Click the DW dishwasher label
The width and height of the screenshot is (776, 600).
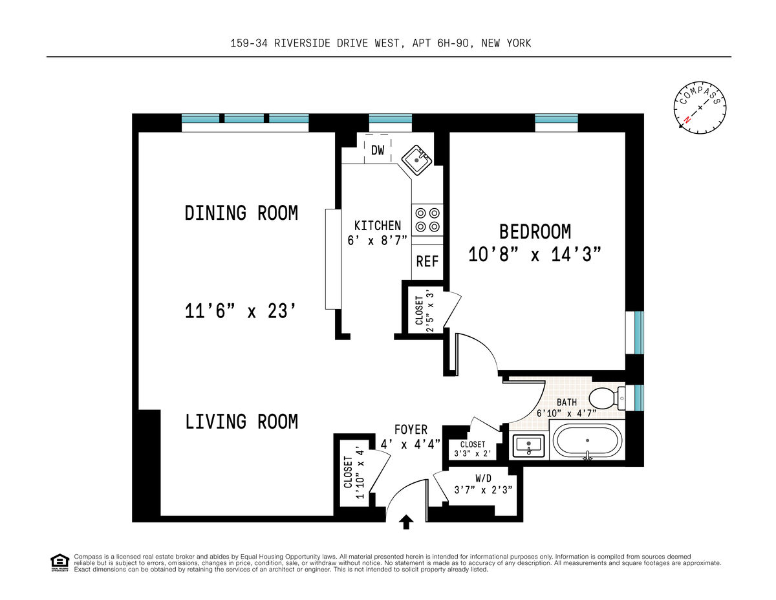377,150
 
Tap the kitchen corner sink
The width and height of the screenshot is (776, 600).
416,160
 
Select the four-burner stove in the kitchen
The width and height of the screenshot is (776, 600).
427,220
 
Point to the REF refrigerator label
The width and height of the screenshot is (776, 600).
427,261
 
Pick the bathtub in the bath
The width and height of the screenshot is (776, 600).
587,440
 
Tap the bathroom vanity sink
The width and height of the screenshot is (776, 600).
528,446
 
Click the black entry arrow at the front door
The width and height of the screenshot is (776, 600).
406,522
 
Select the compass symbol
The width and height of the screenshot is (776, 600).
700,108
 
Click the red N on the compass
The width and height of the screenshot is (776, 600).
686,120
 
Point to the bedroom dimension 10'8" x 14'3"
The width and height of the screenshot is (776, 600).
535,255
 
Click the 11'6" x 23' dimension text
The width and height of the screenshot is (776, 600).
241,311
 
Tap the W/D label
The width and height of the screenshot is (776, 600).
483,478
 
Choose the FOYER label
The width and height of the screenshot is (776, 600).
411,429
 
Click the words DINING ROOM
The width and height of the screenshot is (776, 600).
241,213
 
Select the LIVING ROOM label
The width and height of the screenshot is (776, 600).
241,422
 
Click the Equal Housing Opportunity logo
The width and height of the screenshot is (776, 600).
59,563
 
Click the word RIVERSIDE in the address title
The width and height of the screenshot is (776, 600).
302,43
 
